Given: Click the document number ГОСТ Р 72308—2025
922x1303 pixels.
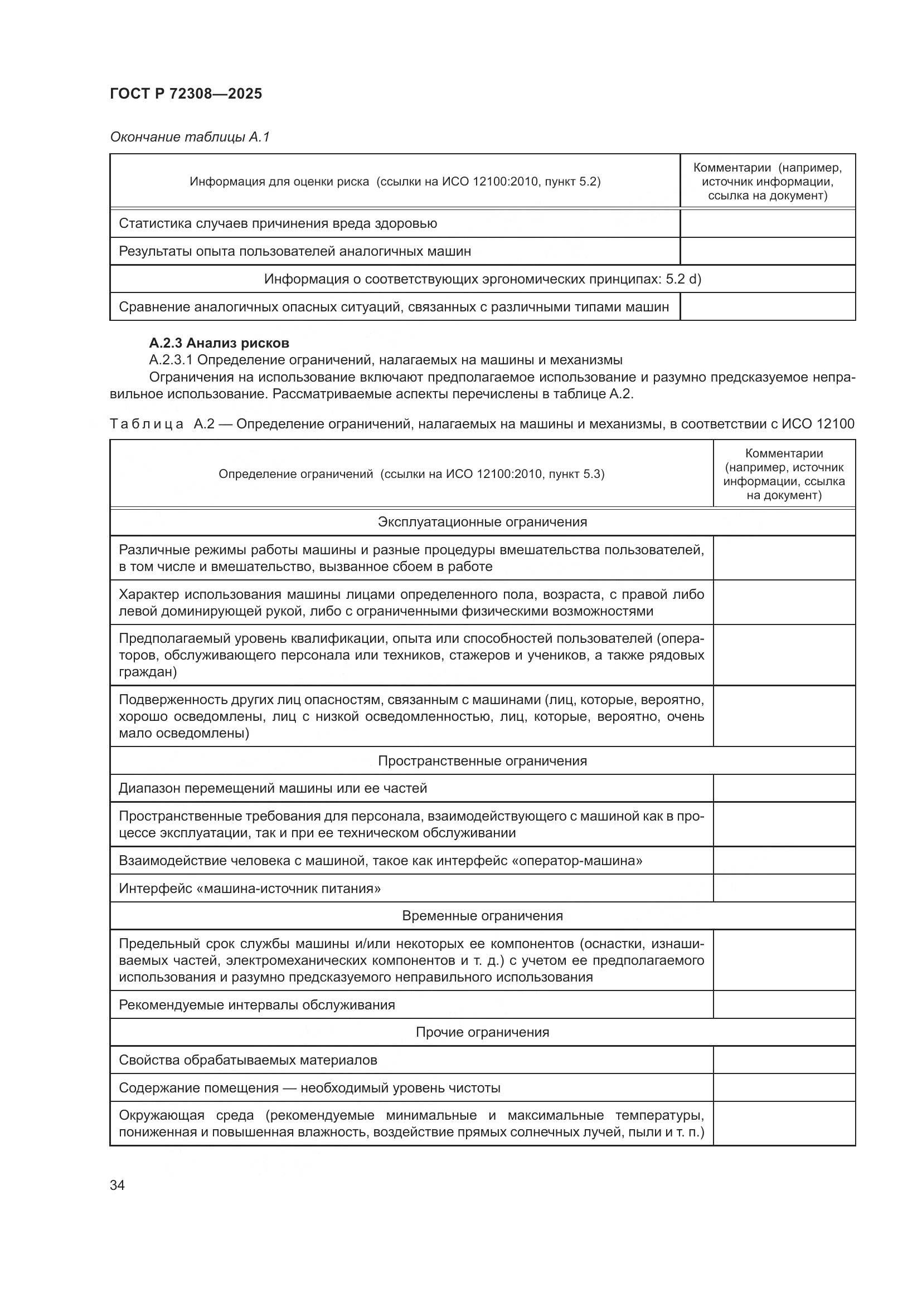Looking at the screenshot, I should pos(186,94).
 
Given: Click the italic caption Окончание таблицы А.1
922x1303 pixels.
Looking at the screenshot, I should pos(190,137).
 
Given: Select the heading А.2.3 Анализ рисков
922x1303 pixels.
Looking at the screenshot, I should pos(219,343).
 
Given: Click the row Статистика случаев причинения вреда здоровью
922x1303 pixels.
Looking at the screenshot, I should pos(278,223).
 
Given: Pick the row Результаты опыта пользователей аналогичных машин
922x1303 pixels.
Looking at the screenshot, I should pos(295,251).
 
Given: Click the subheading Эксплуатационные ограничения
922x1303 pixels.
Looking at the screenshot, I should pos(482,522).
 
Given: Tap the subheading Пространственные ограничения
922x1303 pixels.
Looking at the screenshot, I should pos(482,760).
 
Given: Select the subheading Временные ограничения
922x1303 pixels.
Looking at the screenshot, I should pos(482,915).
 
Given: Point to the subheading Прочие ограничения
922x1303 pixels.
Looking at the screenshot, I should pos(482,1032).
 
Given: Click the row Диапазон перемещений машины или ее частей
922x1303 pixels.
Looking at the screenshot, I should pos(273,788).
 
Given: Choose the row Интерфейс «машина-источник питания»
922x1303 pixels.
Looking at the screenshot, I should pos(249,888).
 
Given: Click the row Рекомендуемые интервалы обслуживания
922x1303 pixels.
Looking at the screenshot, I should pos(256,1004).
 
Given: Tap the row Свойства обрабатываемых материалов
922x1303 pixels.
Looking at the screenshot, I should pos(248,1060).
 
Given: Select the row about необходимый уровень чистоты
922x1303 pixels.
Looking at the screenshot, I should pos(309,1087).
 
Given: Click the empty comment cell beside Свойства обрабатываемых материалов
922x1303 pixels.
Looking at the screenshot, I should pos(784,1060).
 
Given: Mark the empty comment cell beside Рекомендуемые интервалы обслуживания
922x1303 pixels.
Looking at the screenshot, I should pos(784,1004).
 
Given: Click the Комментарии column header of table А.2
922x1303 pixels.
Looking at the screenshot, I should pos(784,474).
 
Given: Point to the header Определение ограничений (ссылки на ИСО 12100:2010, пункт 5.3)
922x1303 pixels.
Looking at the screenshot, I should pos(411,474).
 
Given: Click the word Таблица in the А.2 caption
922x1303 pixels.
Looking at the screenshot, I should pos(147,424).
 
